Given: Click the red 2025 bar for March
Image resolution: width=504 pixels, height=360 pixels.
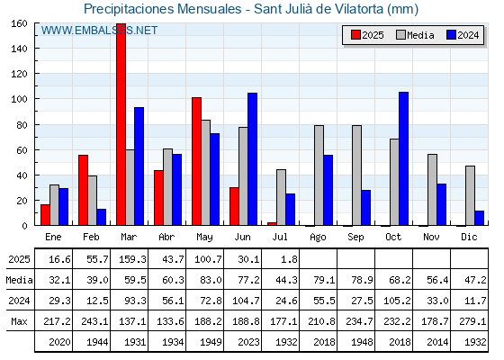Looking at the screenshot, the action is (x=121, y=124).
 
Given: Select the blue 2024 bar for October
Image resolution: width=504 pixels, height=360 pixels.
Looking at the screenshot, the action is (x=404, y=158).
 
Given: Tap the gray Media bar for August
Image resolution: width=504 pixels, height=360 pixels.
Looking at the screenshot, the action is (x=319, y=175).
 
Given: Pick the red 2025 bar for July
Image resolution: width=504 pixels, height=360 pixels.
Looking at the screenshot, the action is (x=272, y=224).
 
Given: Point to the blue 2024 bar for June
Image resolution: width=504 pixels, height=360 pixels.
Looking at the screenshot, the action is (x=252, y=159).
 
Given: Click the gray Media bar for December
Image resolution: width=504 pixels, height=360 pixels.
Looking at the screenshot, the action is (x=470, y=196).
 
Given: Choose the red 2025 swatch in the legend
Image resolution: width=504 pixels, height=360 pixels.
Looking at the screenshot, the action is (x=355, y=35).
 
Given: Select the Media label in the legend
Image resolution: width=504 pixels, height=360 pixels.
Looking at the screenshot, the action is (x=420, y=35).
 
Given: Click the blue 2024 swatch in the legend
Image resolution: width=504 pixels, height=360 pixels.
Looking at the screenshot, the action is (x=451, y=35).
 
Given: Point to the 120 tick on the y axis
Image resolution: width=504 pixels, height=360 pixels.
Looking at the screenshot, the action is (x=36, y=74).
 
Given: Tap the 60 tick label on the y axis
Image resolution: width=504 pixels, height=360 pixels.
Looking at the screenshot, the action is (x=22, y=150).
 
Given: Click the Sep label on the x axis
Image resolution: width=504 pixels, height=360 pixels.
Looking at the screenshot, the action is (x=355, y=238).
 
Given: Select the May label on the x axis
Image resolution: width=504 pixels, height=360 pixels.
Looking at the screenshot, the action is (x=205, y=238).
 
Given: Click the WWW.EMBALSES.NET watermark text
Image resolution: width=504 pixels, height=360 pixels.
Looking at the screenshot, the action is (x=99, y=31).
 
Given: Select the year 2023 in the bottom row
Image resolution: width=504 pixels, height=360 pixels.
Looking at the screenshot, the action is (x=248, y=342).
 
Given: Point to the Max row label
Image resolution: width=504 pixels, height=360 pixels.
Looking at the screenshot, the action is (x=19, y=321).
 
